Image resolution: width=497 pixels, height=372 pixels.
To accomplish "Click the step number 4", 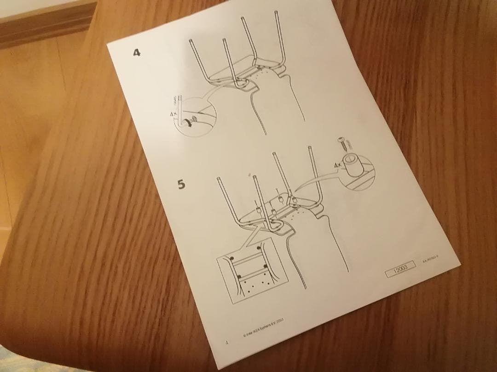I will pyautogui.click(x=137, y=52).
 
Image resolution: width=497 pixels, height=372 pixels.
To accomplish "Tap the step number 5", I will pyautogui.click(x=182, y=184).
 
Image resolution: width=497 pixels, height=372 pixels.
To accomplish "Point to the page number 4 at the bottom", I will pyautogui.click(x=226, y=342).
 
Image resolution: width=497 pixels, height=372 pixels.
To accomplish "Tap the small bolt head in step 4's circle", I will pyautogui.click(x=195, y=119).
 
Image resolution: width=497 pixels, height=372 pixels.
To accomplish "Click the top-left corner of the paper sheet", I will pyautogui.click(x=107, y=44).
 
